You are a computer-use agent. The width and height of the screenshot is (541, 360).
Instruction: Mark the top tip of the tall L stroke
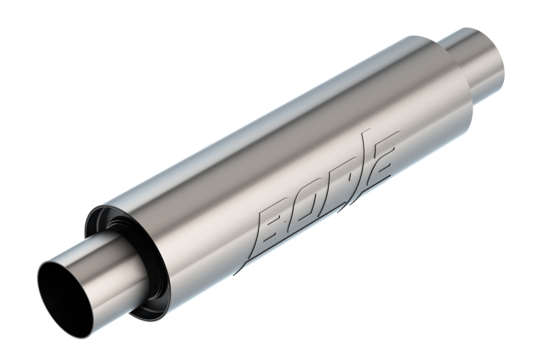(366, 128)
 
